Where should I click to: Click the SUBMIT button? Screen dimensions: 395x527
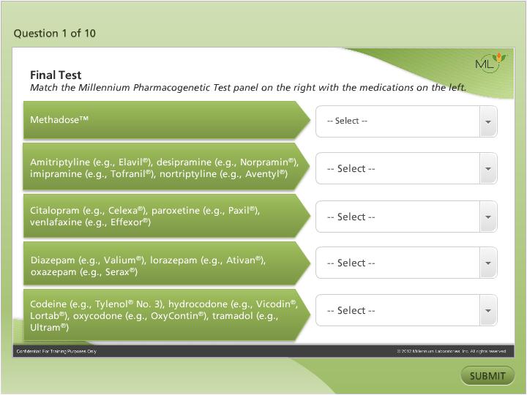tap(487, 376)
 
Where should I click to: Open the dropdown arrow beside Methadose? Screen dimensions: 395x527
tap(488, 121)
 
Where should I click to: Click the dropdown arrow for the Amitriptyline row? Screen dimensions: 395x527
tap(488, 169)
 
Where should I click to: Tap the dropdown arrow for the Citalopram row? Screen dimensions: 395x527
tap(488, 217)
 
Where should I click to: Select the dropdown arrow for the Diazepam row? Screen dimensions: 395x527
tap(488, 263)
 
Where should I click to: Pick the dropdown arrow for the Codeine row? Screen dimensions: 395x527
tap(488, 311)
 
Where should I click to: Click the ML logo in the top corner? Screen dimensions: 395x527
tap(490, 64)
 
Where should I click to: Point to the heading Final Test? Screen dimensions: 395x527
tap(56, 75)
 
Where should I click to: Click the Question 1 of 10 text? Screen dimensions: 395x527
tap(55, 33)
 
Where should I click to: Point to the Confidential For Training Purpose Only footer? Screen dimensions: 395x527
tap(56, 352)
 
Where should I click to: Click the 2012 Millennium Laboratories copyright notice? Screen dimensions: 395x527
tap(452, 352)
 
